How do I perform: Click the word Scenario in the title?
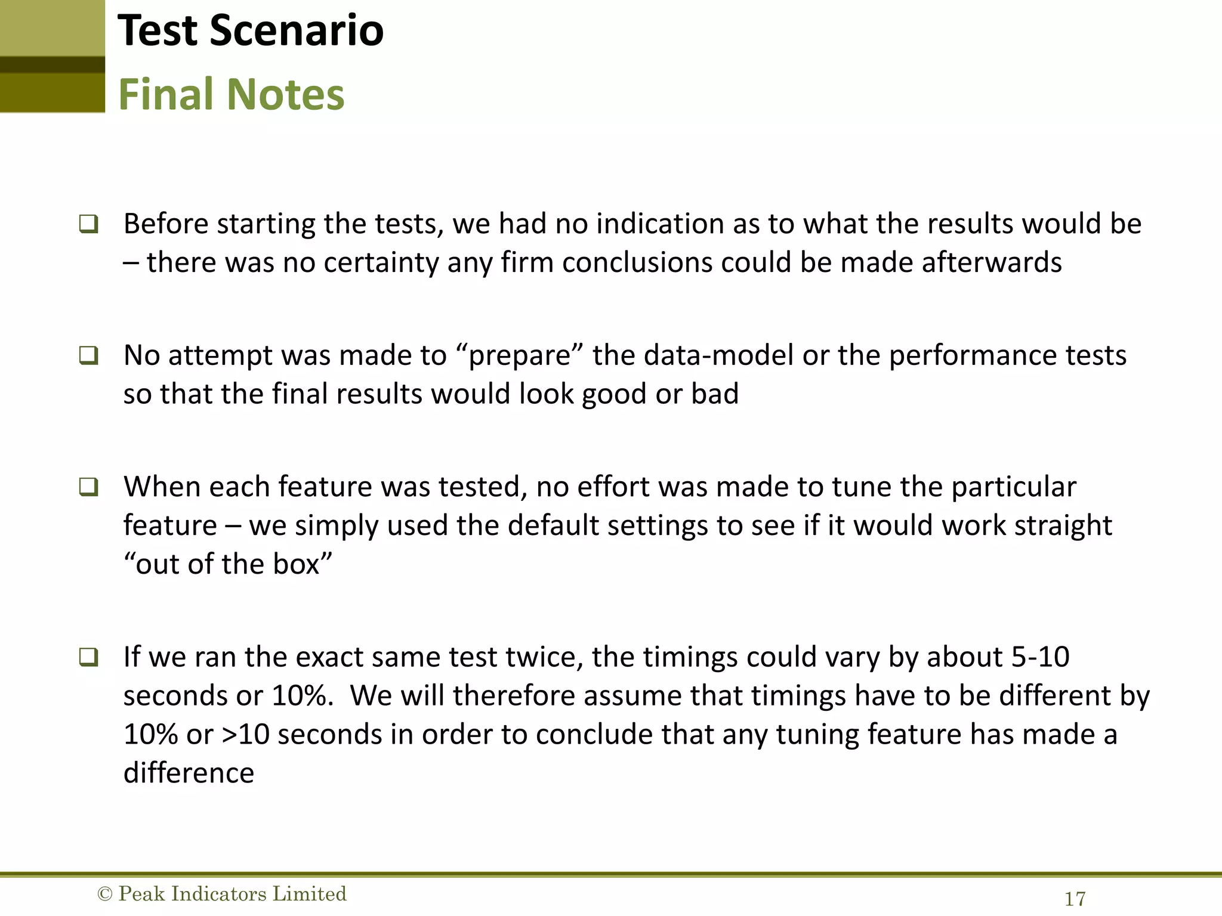pos(297,31)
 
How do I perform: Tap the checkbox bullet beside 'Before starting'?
pos(88,224)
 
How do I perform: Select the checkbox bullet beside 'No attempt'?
pos(88,356)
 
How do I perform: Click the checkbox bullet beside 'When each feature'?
pos(88,487)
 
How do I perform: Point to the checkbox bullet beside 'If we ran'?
pos(88,658)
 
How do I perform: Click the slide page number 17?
pos(1075,899)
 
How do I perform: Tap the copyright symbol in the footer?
pos(104,894)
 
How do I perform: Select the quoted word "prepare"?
pos(519,356)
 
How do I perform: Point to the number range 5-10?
pos(1040,657)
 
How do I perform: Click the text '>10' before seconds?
pos(245,735)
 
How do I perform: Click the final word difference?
pos(189,773)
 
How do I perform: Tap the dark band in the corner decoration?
pos(53,64)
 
